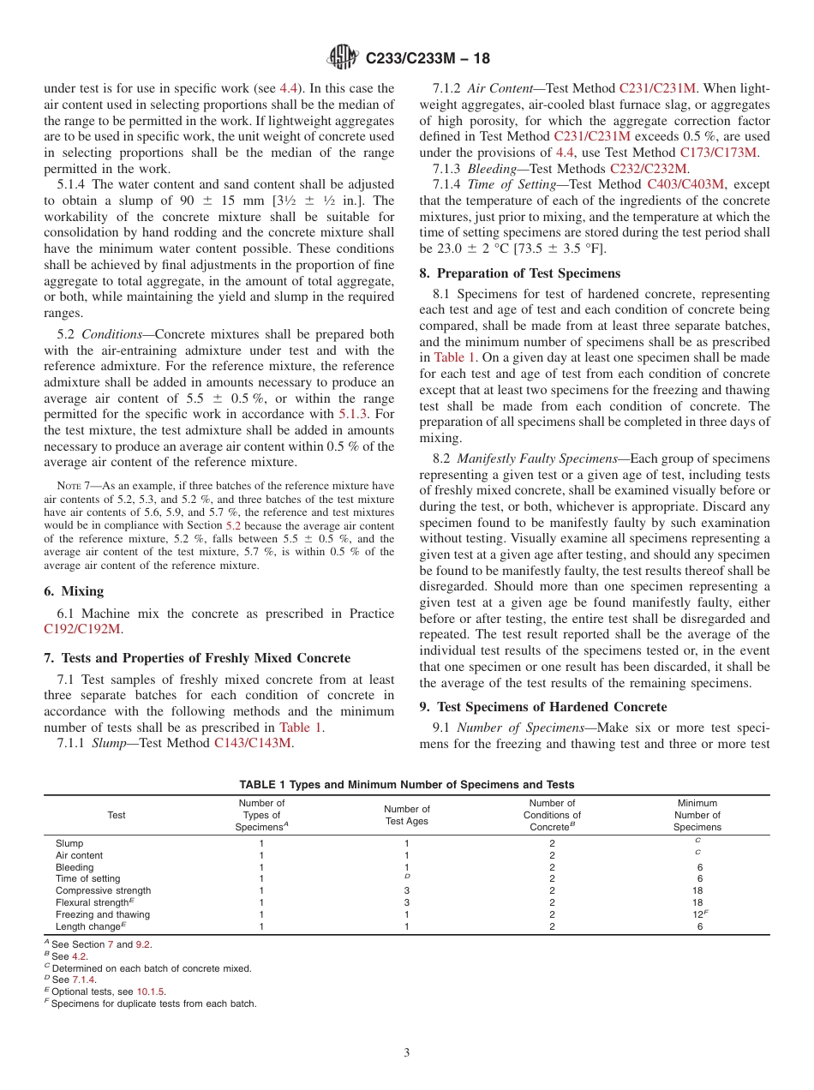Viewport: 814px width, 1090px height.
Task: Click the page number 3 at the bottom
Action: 407,1053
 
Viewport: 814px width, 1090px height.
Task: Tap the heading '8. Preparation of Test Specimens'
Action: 520,273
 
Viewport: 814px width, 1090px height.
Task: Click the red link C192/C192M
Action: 82,629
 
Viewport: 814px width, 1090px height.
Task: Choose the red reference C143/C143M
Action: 253,743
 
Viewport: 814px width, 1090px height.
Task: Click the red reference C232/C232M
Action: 649,168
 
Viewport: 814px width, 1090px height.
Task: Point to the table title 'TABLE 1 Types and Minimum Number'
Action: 406,784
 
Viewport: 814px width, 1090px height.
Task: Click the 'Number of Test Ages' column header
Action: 407,815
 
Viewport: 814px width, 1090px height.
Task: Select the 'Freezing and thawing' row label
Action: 103,914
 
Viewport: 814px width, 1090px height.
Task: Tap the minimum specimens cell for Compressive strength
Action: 697,890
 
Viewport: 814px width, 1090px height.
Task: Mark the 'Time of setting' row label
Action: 88,878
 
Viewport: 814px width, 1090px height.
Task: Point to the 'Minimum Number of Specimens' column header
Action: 697,815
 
